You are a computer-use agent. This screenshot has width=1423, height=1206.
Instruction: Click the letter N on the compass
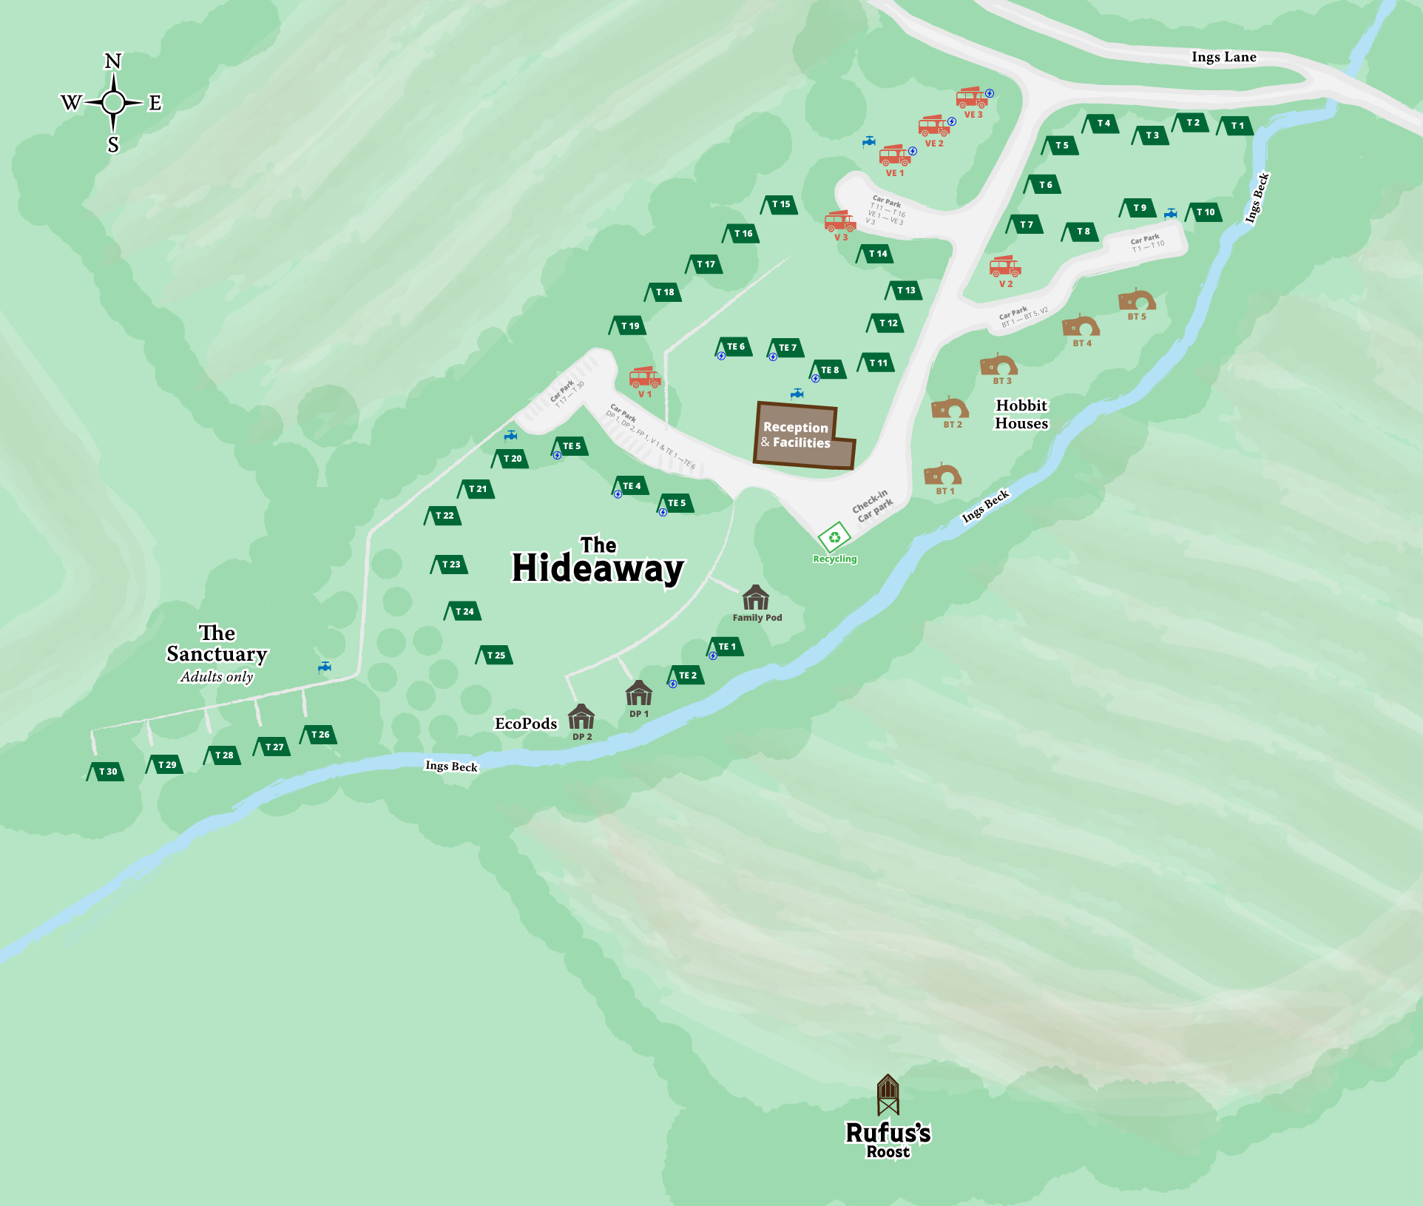click(x=112, y=61)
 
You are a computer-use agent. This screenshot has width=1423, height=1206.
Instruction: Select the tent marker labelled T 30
click(x=106, y=771)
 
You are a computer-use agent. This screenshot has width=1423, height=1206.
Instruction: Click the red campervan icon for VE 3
click(x=972, y=98)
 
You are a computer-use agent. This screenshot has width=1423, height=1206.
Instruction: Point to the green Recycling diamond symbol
click(x=834, y=538)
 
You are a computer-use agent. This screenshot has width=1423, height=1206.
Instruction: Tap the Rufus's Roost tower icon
click(x=888, y=1094)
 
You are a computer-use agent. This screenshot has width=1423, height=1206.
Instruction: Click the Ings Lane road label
click(x=1223, y=57)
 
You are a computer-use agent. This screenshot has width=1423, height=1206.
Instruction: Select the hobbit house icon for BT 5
click(x=1136, y=300)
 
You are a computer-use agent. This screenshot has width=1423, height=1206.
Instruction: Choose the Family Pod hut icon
click(x=755, y=597)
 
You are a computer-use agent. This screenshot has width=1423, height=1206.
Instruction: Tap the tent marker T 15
click(x=780, y=204)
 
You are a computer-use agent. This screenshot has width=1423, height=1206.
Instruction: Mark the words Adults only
click(x=217, y=676)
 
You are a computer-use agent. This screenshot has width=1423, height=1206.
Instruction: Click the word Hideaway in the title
click(x=598, y=568)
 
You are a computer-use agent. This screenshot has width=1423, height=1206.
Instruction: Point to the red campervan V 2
click(x=1005, y=267)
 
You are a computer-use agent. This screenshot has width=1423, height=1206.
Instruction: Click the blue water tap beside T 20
click(x=510, y=435)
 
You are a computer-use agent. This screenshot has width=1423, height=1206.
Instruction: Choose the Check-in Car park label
click(x=872, y=506)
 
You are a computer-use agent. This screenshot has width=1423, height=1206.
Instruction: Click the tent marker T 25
click(x=495, y=655)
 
